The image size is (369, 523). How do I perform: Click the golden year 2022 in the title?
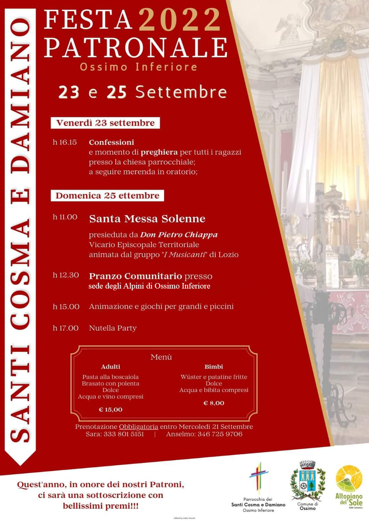pyautogui.click(x=180, y=20)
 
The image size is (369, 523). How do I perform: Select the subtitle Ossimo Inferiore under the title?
pyautogui.click(x=138, y=66)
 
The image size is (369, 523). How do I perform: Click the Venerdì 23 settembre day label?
pyautogui.click(x=105, y=123)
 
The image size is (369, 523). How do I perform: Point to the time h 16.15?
pyautogui.click(x=65, y=142)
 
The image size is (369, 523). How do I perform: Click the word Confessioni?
pyautogui.click(x=111, y=142)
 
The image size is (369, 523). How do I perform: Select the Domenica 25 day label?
pyautogui.click(x=107, y=196)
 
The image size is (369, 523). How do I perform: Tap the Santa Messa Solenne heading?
pyautogui.click(x=147, y=219)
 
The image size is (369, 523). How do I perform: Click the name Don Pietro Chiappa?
pyautogui.click(x=179, y=235)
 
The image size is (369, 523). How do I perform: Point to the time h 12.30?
pyautogui.click(x=66, y=275)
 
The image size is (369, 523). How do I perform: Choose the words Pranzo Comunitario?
pyautogui.click(x=135, y=276)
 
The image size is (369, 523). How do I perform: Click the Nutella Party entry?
pyautogui.click(x=112, y=328)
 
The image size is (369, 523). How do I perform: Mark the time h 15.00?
pyautogui.click(x=66, y=307)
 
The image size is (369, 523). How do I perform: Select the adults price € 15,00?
pyautogui.click(x=110, y=410)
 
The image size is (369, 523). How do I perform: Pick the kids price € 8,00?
pyautogui.click(x=214, y=403)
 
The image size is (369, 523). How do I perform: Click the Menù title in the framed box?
pyautogui.click(x=161, y=357)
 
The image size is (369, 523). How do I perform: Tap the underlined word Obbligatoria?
pyautogui.click(x=138, y=427)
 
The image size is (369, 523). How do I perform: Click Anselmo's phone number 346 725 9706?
pyautogui.click(x=220, y=434)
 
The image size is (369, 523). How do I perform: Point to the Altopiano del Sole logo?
pyautogui.click(x=348, y=486)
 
